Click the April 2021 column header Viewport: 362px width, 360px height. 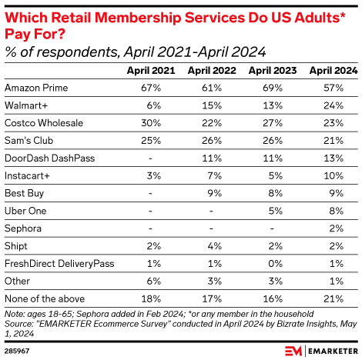pos(153,70)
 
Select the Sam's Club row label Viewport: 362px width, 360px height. pos(27,140)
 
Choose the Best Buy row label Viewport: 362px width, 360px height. pos(22,193)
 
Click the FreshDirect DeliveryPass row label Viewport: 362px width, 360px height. pos(59,264)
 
